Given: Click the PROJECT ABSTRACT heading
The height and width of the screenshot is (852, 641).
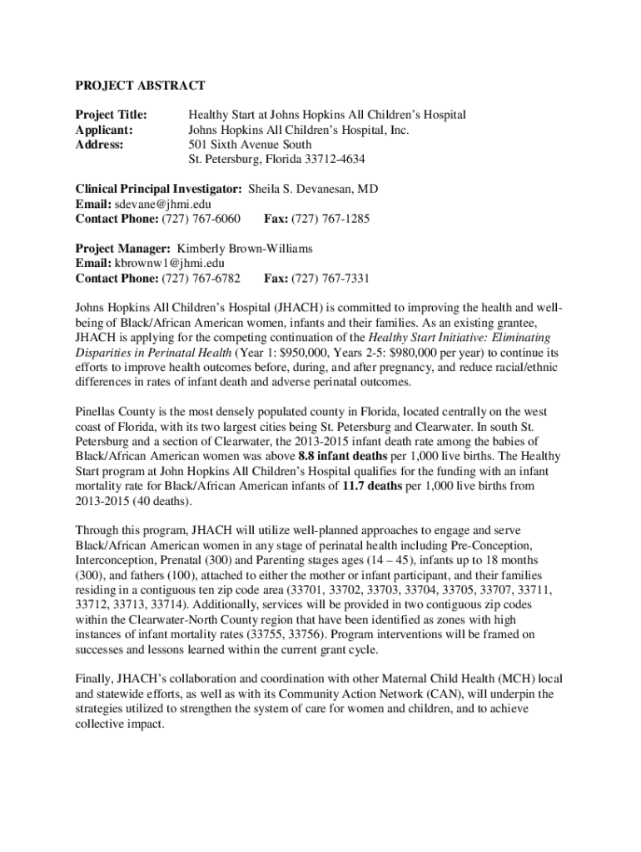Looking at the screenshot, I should (140, 85).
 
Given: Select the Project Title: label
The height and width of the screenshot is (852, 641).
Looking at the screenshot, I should (112, 114).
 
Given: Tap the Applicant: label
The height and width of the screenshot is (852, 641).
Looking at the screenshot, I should (104, 129).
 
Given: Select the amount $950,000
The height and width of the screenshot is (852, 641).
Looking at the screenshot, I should (317, 352).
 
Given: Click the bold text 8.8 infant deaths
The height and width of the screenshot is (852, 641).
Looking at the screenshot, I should (342, 456).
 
